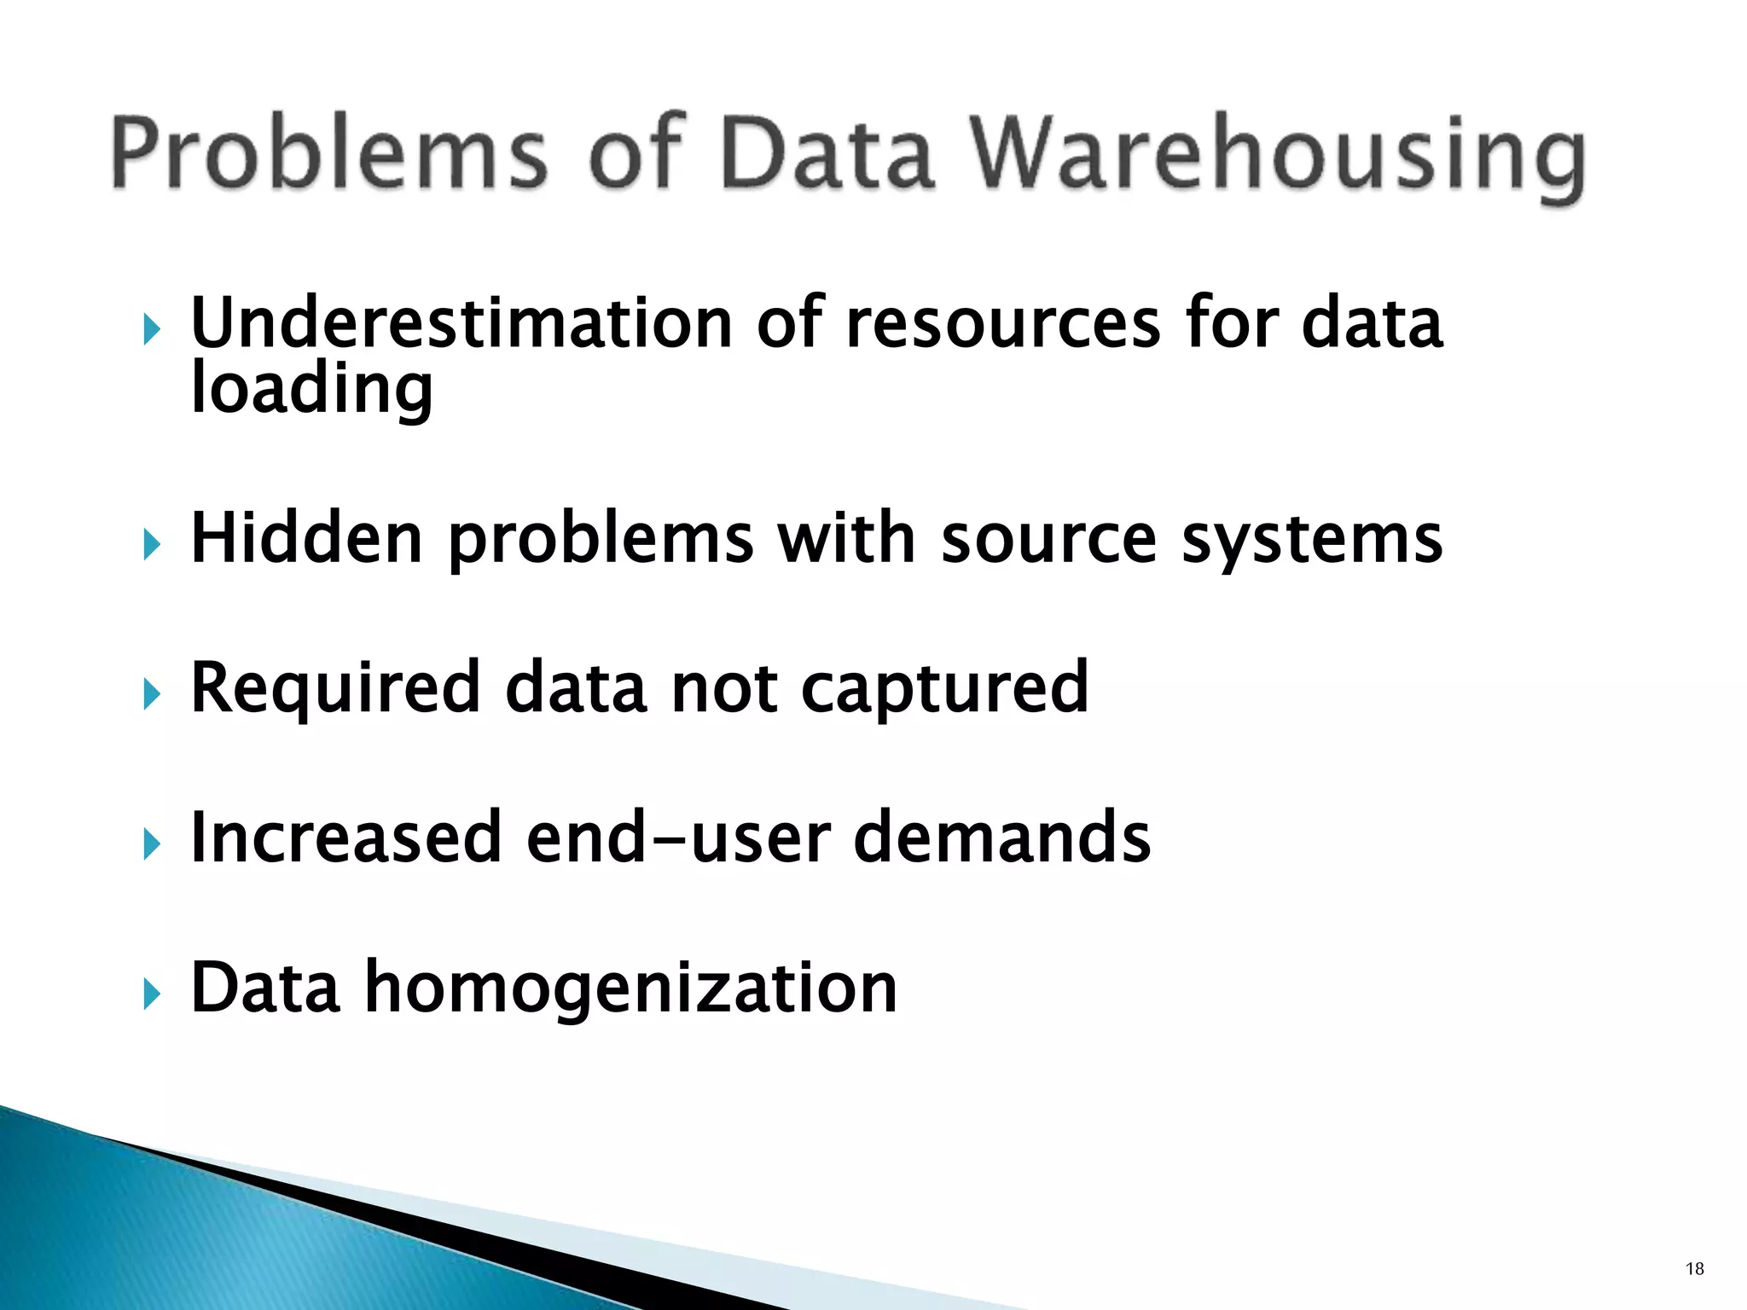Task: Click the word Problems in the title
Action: click(x=328, y=154)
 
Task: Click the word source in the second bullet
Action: click(x=1048, y=538)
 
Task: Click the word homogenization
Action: click(x=631, y=988)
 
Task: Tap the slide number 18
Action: click(x=1695, y=1268)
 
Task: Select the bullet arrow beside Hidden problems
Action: click(x=152, y=544)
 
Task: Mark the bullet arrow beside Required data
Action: click(x=152, y=693)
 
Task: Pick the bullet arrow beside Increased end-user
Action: click(x=152, y=843)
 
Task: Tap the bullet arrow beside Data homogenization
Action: click(x=152, y=993)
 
